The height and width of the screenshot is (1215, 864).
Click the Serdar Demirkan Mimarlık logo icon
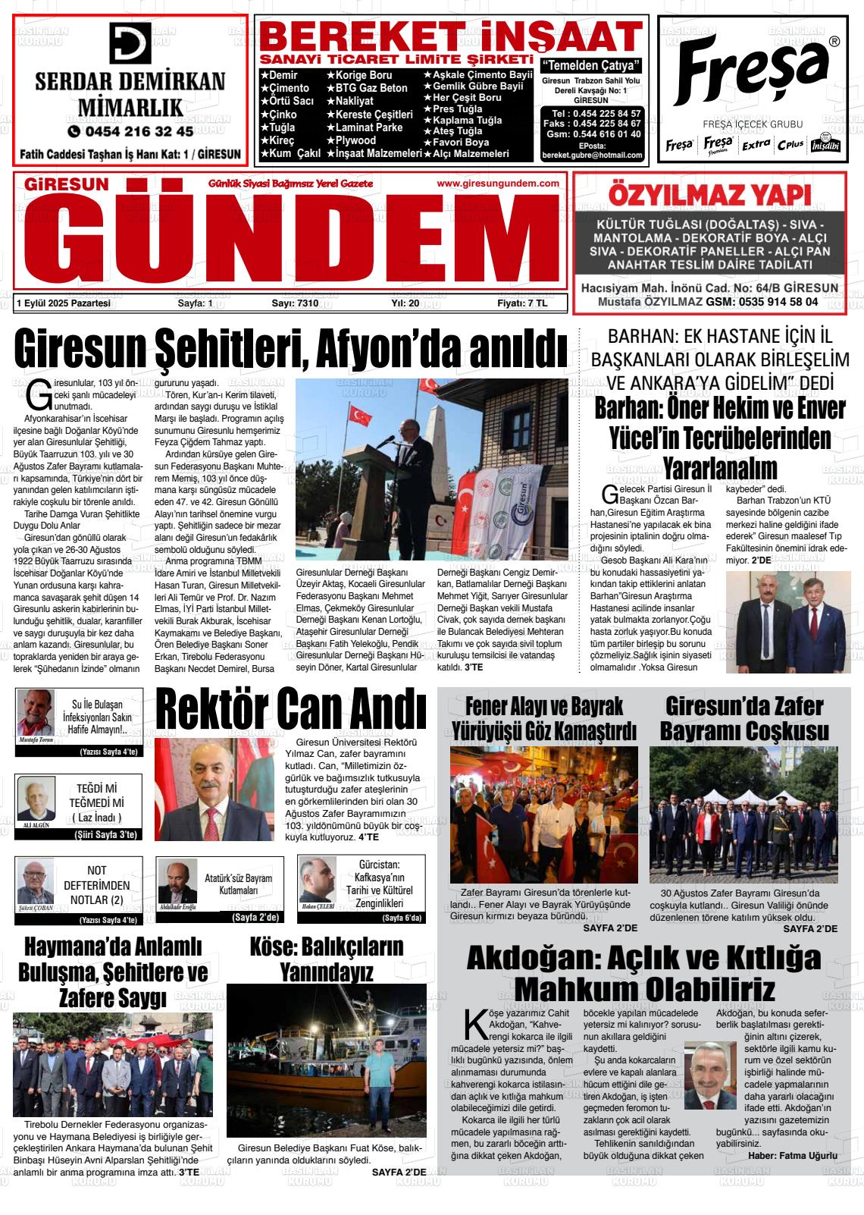click(130, 43)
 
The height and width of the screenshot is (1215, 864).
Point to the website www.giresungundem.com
click(498, 184)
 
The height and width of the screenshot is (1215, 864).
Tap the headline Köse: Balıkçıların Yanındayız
click(326, 959)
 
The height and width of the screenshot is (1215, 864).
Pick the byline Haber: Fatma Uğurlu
click(793, 1156)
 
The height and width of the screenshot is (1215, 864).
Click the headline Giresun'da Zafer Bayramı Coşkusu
click(743, 718)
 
